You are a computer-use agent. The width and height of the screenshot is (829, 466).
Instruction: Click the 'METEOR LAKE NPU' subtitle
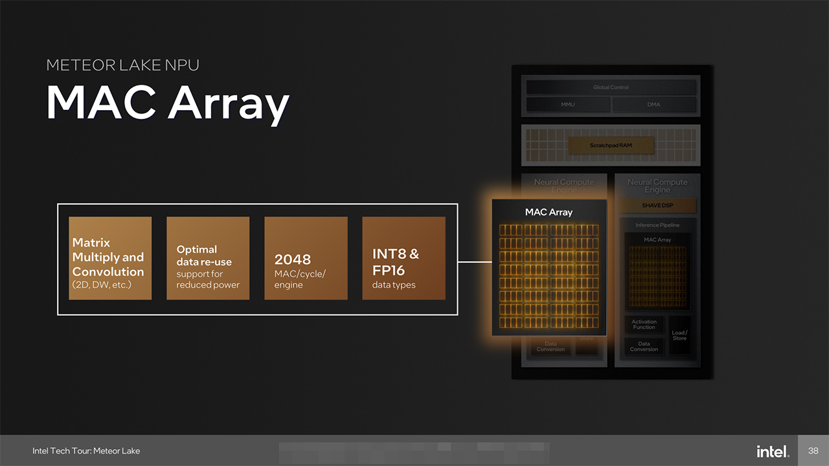tap(122, 65)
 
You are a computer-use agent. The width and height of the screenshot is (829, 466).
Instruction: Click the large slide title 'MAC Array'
tap(167, 103)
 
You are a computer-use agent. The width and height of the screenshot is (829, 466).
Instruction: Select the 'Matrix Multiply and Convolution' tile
tap(110, 258)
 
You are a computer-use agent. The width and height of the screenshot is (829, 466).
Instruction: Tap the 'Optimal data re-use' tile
tap(208, 258)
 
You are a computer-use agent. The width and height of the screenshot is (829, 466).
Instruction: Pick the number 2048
tap(293, 260)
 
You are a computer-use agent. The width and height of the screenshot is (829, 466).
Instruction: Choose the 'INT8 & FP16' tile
tap(403, 258)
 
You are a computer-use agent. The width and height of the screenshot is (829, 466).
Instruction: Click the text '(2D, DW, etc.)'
tap(102, 285)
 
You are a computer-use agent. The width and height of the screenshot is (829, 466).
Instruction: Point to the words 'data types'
tap(394, 285)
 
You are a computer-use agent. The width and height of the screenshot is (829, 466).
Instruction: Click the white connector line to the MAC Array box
tap(475, 262)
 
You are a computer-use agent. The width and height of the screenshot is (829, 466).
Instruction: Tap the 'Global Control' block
tap(611, 87)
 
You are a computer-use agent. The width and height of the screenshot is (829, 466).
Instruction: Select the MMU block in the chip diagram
tap(567, 104)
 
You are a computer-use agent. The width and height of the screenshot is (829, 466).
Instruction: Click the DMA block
tap(654, 104)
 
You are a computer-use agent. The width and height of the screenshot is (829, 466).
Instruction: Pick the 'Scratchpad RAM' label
tap(611, 146)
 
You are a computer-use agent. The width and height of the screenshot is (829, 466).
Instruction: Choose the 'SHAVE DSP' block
tap(657, 206)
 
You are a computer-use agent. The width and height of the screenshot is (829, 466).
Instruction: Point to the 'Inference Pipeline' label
tap(657, 225)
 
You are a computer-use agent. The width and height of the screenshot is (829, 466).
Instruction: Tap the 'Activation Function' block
tap(644, 324)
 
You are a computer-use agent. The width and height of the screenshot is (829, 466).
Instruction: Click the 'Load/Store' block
tap(679, 335)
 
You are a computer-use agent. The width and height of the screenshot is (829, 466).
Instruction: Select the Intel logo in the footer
tap(772, 451)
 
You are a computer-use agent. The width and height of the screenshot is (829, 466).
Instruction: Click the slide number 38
tap(813, 450)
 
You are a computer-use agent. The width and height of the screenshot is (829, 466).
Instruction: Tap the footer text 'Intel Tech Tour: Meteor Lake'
tap(86, 451)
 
